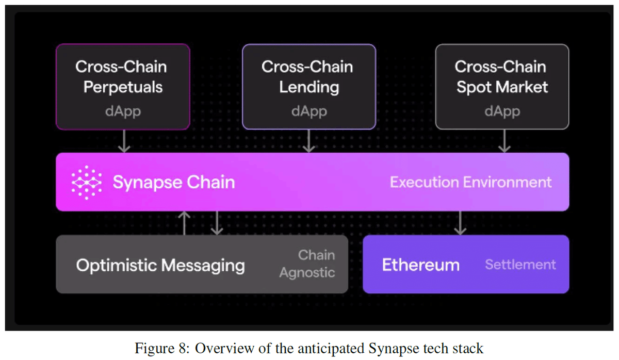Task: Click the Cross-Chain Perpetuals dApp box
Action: tap(123, 86)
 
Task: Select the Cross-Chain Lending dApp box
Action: tap(308, 86)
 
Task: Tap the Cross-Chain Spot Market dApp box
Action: tap(502, 86)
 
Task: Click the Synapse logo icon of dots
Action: tap(86, 183)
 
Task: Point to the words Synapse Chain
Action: tap(173, 183)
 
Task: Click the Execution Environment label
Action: tap(470, 183)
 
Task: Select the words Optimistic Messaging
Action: tap(160, 265)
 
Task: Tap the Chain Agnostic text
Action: tap(307, 264)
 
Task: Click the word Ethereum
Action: tap(420, 265)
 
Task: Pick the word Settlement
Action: tap(520, 265)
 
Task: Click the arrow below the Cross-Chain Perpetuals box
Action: tap(124, 141)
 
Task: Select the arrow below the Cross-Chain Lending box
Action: tap(308, 141)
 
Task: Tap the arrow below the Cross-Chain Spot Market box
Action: tap(504, 141)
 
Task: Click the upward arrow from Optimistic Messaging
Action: tap(185, 222)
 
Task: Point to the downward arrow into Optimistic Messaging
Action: tap(217, 223)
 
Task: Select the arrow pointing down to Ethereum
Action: tap(460, 223)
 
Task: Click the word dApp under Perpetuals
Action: tap(123, 111)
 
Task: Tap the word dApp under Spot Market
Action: tap(502, 111)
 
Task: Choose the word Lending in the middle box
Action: tap(308, 87)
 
